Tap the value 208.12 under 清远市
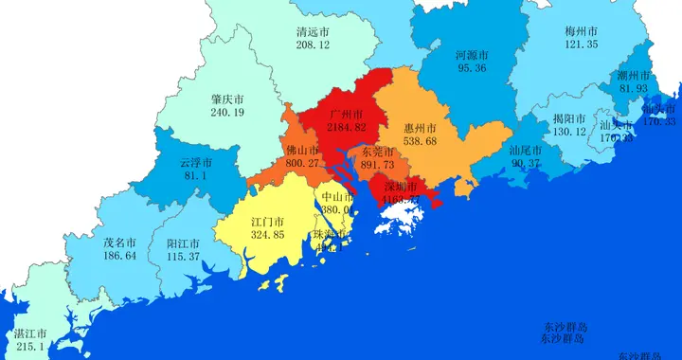313,45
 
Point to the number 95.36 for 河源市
472,68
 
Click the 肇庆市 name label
227,99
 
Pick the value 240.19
227,112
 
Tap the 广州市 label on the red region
346,114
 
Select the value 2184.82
346,127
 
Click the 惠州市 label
420,127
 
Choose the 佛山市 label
301,150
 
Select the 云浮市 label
195,162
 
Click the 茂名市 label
119,243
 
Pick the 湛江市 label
28,334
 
